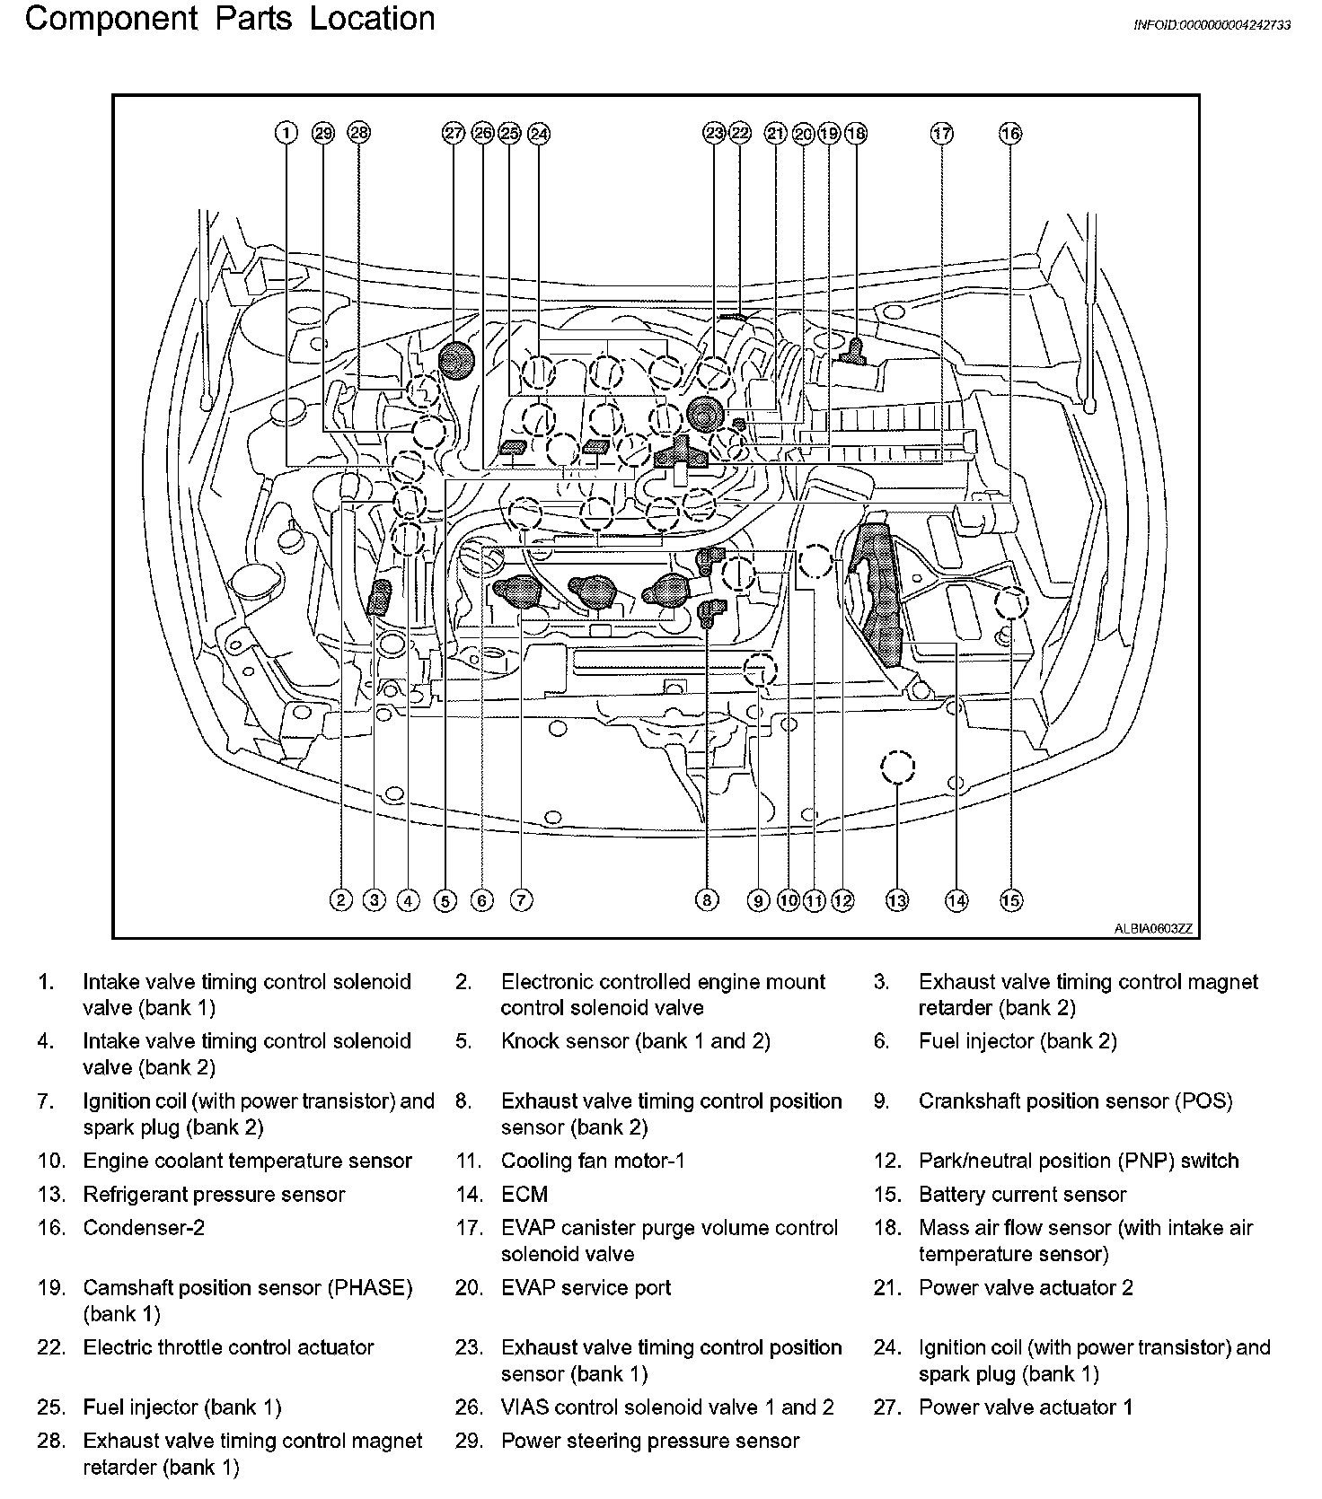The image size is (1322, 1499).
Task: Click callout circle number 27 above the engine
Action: pos(454,134)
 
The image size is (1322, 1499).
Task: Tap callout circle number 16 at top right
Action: pos(1010,134)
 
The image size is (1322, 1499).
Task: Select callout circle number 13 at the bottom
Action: pos(897,900)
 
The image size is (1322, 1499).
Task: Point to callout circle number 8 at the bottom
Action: pos(708,900)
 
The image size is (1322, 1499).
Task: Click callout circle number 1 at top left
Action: pos(286,134)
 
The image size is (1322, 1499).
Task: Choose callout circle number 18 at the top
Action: pos(856,134)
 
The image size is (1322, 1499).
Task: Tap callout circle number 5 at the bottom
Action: pos(445,900)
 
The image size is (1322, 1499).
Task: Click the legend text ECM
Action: pos(524,1195)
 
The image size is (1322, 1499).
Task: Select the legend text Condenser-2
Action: pos(144,1228)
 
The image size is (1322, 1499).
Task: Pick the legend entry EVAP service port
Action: pos(586,1288)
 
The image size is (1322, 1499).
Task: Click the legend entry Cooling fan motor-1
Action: pos(593,1162)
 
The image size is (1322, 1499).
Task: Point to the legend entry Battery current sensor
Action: pos(1022,1195)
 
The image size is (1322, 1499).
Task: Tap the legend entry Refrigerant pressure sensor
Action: pos(214,1195)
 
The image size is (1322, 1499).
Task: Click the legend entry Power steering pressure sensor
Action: pos(649,1442)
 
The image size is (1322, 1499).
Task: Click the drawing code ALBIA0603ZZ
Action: pos(1153,929)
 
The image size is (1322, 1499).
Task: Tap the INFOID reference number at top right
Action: pos(1212,25)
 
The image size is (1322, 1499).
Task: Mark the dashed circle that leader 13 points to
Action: pos(897,767)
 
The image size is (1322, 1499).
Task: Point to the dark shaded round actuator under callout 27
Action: pos(457,360)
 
